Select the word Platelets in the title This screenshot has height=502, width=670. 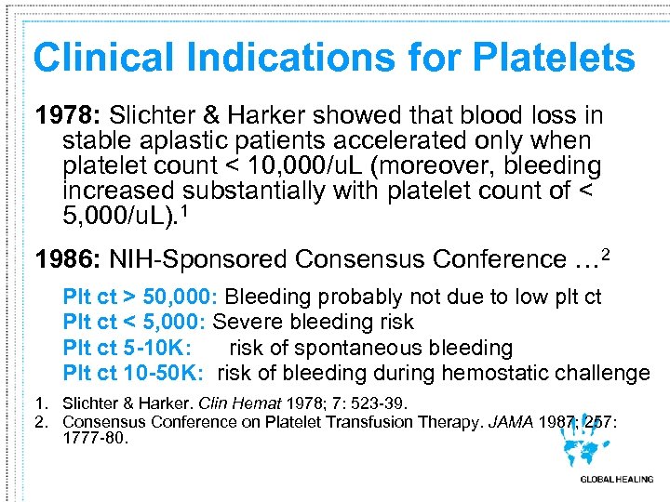tap(554, 58)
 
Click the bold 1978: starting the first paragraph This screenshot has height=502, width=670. tap(68, 116)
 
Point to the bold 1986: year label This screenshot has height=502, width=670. tap(68, 258)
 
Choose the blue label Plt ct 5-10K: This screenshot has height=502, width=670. tap(127, 348)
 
